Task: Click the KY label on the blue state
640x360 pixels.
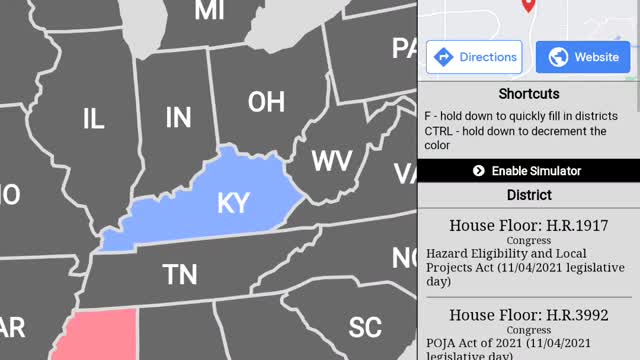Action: (232, 203)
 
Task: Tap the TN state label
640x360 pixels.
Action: (180, 274)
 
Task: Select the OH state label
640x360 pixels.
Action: (266, 102)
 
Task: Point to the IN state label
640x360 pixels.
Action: (178, 118)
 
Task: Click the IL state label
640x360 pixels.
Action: (93, 120)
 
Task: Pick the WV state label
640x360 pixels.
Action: (331, 161)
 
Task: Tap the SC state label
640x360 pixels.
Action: (365, 327)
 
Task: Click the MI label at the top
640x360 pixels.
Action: (209, 11)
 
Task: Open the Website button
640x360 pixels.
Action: (582, 57)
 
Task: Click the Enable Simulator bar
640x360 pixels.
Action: (528, 171)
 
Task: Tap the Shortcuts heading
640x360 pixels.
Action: (527, 94)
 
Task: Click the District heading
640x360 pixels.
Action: (528, 195)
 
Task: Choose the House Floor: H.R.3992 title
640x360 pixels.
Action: (528, 315)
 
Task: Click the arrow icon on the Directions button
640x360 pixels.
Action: (444, 57)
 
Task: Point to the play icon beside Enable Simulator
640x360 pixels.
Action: (479, 171)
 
